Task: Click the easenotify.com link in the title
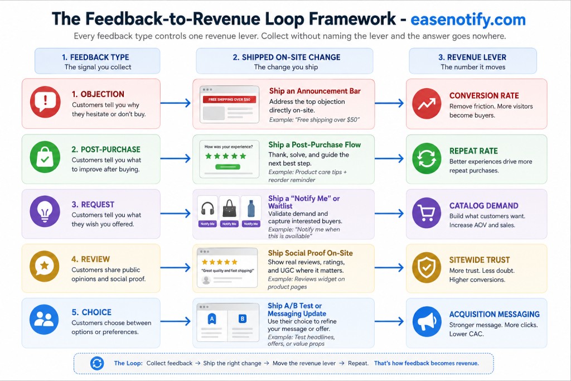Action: click(x=468, y=20)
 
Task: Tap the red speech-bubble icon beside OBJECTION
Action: click(x=45, y=102)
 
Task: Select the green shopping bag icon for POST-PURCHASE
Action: click(x=45, y=157)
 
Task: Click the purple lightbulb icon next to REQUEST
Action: click(x=45, y=211)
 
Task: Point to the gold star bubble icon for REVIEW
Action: click(x=45, y=266)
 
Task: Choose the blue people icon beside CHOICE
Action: click(x=44, y=320)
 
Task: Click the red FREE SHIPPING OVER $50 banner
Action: click(x=229, y=99)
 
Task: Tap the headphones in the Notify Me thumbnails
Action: click(x=207, y=209)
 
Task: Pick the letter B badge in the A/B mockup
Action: click(x=243, y=319)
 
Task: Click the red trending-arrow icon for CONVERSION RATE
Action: click(x=427, y=103)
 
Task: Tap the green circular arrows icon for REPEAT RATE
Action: click(x=427, y=158)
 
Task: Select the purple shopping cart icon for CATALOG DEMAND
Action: click(x=427, y=213)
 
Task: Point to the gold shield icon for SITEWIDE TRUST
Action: click(x=427, y=268)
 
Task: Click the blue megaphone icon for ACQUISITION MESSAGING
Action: click(x=427, y=322)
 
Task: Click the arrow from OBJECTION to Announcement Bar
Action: click(x=176, y=103)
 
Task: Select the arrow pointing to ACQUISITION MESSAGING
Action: click(x=389, y=321)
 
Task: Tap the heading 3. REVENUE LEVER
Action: click(x=472, y=57)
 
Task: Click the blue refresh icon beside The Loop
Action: click(x=97, y=363)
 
